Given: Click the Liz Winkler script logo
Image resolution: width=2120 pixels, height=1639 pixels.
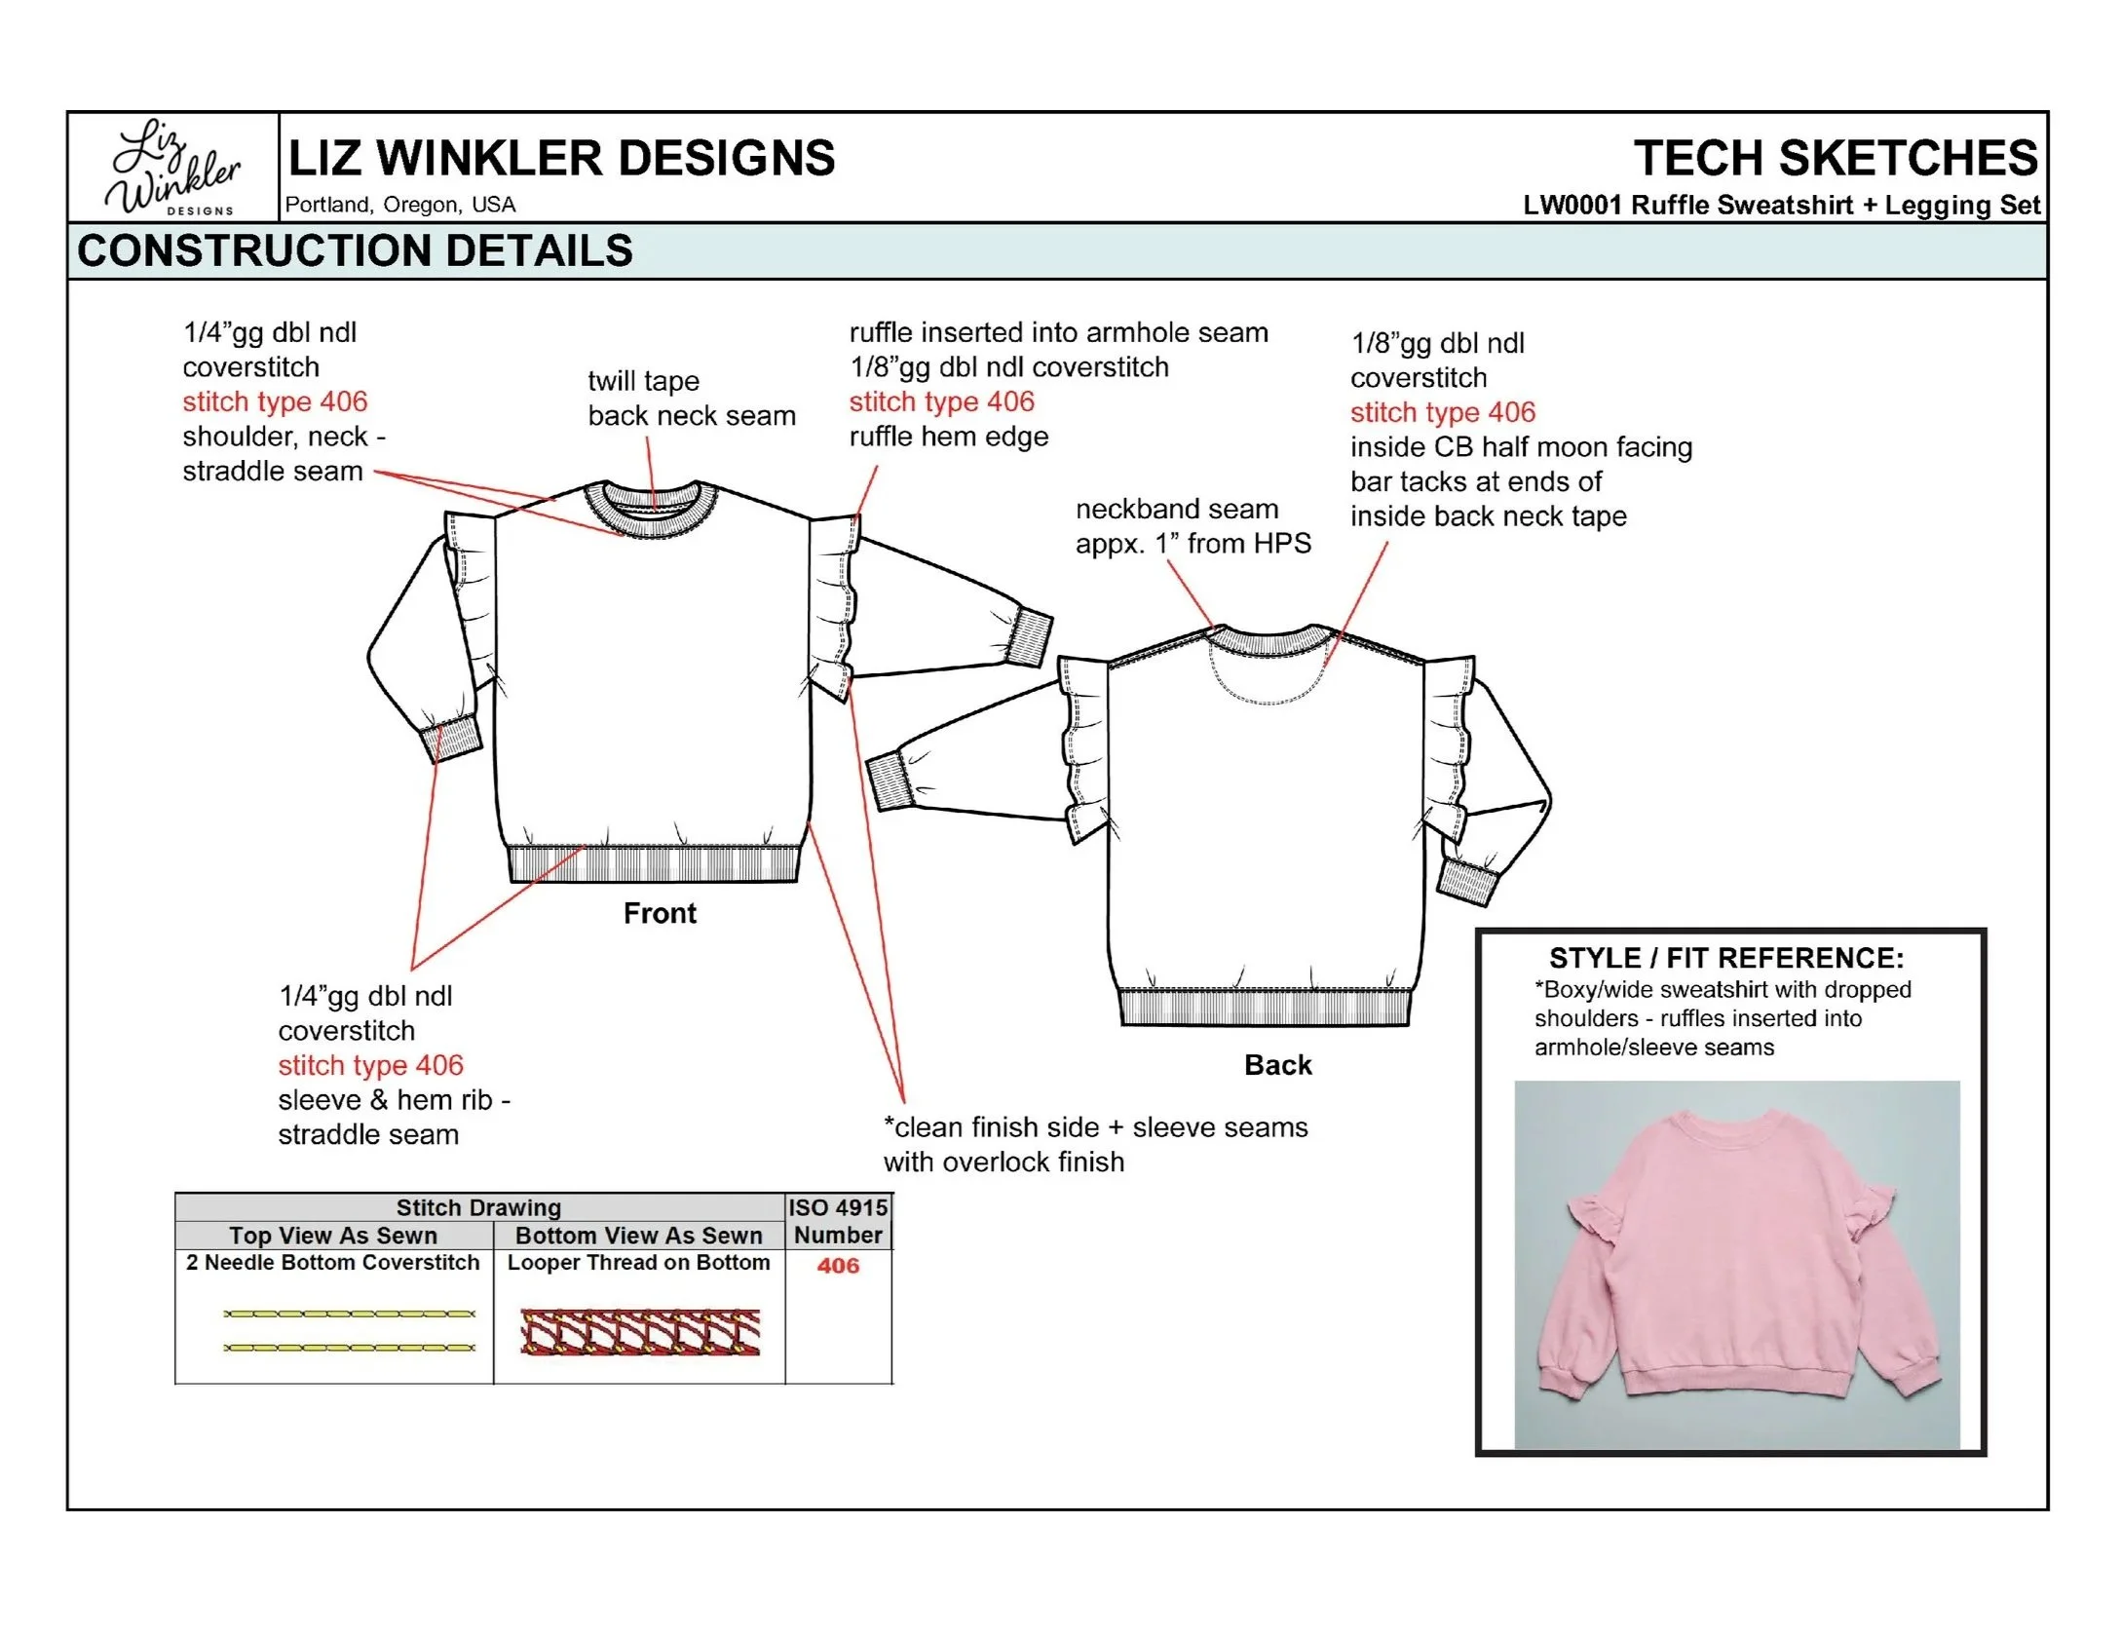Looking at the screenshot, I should pyautogui.click(x=173, y=167).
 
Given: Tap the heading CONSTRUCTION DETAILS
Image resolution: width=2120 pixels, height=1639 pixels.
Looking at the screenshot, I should pyautogui.click(x=355, y=251).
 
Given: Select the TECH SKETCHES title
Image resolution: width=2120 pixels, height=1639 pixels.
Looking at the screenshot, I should pyautogui.click(x=1835, y=158).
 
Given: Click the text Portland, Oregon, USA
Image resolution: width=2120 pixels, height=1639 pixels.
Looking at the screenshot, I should pyautogui.click(x=400, y=205).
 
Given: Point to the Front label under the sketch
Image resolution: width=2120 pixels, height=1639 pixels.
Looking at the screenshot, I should pyautogui.click(x=660, y=913).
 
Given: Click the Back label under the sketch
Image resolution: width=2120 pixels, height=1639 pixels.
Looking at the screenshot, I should pyautogui.click(x=1277, y=1065).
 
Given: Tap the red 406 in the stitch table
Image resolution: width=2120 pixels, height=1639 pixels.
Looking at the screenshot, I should pyautogui.click(x=838, y=1266).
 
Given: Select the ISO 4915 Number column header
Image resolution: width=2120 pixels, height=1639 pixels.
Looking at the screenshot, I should pyautogui.click(x=838, y=1221).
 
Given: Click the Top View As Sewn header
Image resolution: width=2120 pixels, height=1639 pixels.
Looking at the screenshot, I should pyautogui.click(x=333, y=1236).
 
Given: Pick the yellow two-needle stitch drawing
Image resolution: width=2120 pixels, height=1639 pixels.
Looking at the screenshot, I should pyautogui.click(x=349, y=1330).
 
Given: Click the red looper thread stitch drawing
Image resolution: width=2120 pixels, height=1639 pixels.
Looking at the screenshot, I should pyautogui.click(x=640, y=1332).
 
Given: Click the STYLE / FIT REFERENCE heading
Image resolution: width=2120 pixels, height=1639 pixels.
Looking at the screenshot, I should pyautogui.click(x=1726, y=958).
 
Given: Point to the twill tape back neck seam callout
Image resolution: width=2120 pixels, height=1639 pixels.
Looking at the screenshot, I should pyautogui.click(x=691, y=399).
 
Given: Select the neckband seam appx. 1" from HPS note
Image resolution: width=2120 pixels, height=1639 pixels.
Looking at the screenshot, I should pyautogui.click(x=1192, y=526).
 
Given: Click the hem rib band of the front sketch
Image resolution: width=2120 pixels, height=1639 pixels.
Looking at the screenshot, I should pyautogui.click(x=654, y=864).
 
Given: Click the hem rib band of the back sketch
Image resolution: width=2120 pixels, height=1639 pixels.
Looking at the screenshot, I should pyautogui.click(x=1265, y=1007).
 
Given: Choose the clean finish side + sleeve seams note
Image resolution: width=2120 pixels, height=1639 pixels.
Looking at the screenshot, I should pyautogui.click(x=1095, y=1144).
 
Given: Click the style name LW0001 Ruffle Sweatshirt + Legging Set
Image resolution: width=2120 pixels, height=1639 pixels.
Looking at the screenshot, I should pyautogui.click(x=1781, y=206).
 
